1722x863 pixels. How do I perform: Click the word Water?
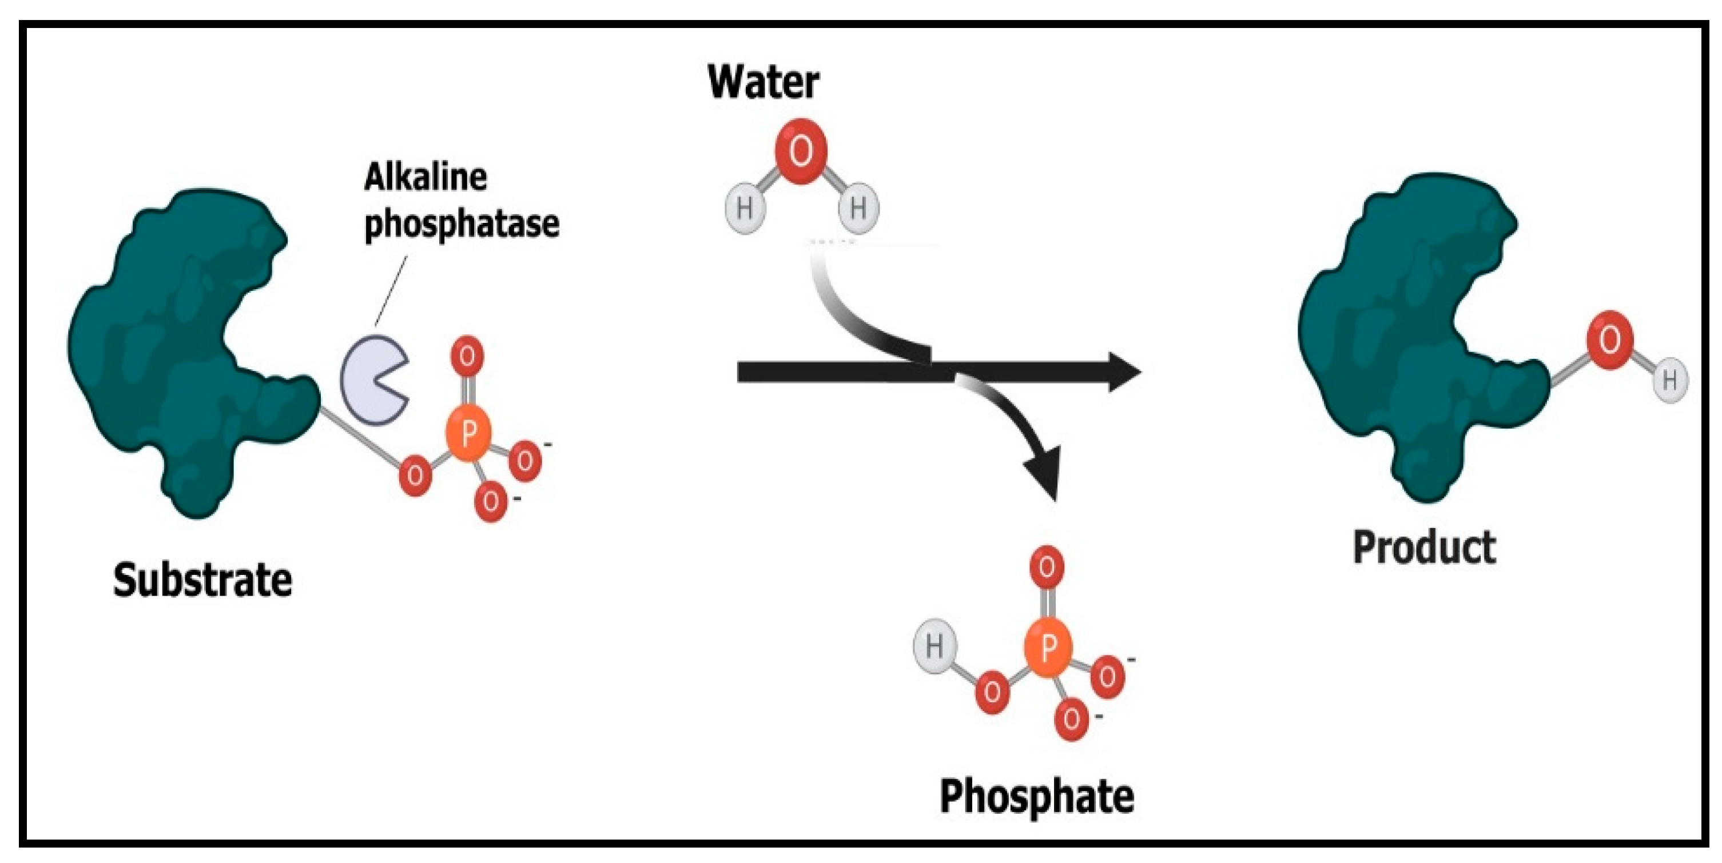click(x=763, y=82)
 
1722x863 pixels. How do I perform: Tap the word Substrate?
click(x=202, y=580)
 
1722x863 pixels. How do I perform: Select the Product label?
click(x=1424, y=548)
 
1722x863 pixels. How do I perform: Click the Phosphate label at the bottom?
click(x=1037, y=796)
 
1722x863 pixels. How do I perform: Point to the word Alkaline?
click(x=425, y=178)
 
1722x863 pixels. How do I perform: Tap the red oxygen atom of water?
click(x=801, y=151)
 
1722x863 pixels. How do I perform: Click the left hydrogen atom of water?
click(x=745, y=209)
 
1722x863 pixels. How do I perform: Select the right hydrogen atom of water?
click(x=858, y=209)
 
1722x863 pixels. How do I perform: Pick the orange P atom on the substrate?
click(x=468, y=434)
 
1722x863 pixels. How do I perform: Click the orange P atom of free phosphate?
click(x=1048, y=646)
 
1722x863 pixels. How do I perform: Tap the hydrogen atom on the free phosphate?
click(x=934, y=646)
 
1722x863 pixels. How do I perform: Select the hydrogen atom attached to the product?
click(x=1669, y=381)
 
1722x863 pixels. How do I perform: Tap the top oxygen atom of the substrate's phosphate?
click(x=467, y=356)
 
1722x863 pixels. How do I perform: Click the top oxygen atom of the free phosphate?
click(x=1047, y=567)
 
